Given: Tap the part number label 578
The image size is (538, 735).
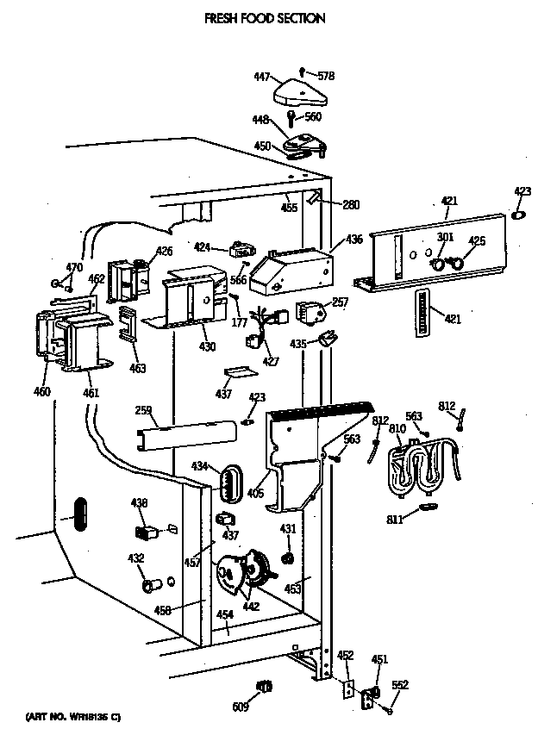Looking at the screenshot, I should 325,77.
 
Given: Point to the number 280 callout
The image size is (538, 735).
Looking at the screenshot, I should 351,205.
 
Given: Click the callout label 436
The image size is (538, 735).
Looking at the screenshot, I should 354,240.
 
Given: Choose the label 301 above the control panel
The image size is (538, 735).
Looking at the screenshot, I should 445,238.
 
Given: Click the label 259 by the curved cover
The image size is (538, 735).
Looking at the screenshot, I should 143,410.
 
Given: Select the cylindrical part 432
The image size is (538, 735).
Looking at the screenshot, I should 152,586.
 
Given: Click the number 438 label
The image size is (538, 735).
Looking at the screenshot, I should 138,504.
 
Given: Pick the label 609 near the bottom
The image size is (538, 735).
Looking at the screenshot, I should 241,707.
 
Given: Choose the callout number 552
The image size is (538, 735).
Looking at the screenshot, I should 399,685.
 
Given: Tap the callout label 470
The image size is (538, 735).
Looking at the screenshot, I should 75,268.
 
